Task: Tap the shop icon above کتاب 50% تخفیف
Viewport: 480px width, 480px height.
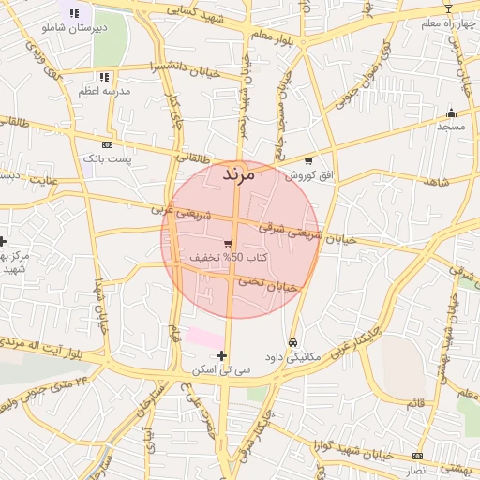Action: [228, 243]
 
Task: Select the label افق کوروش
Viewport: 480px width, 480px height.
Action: [309, 175]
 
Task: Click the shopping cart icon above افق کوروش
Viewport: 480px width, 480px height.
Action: [307, 161]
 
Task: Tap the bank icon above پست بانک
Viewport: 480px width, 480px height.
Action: [106, 145]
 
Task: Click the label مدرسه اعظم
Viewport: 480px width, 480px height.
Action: [101, 91]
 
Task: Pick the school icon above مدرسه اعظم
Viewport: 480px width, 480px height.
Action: [103, 76]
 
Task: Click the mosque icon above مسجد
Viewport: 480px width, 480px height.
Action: [450, 113]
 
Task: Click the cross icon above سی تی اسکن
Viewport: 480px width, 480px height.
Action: [221, 355]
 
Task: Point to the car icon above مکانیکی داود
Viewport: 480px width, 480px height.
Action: [294, 342]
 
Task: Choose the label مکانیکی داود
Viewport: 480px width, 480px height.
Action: [294, 356]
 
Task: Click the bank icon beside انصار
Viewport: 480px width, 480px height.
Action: [417, 456]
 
